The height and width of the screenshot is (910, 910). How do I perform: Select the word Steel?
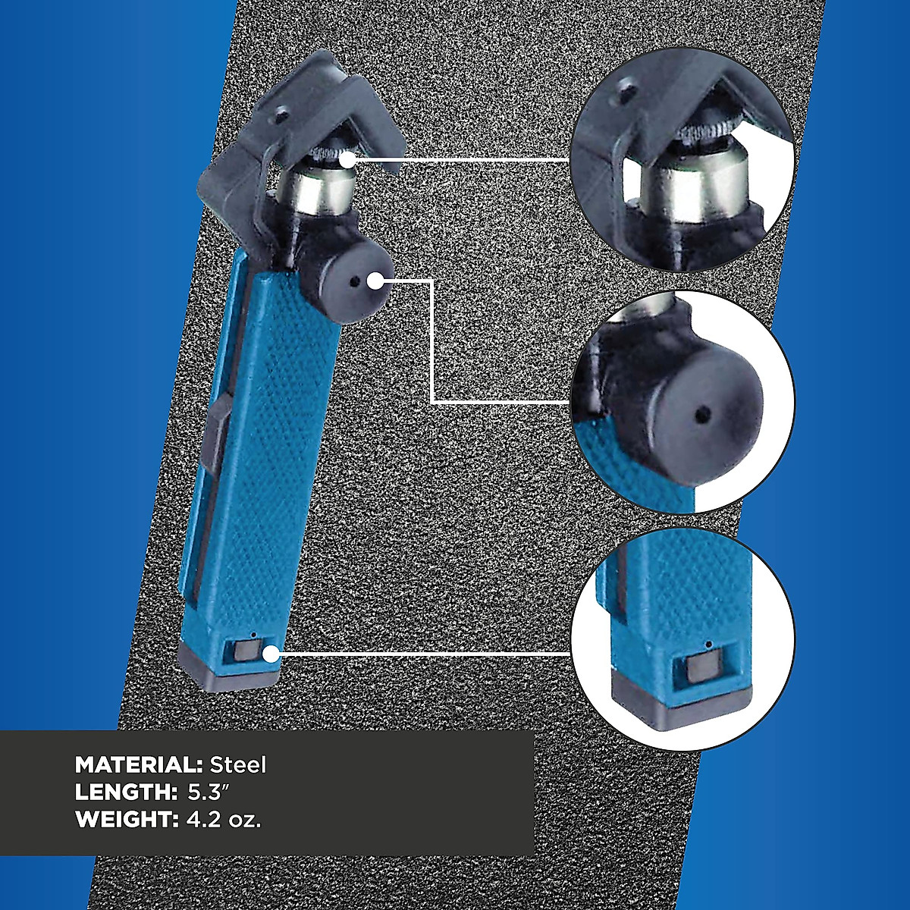pyautogui.click(x=238, y=764)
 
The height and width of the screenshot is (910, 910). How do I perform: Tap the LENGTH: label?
pyautogui.click(x=126, y=792)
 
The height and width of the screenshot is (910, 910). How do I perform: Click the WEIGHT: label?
pyautogui.click(x=126, y=820)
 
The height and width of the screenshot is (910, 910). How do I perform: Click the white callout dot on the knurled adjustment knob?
pyautogui.click(x=347, y=160)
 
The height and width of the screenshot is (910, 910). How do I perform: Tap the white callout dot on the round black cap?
pyautogui.click(x=375, y=281)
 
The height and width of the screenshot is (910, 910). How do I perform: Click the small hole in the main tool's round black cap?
pyautogui.click(x=354, y=282)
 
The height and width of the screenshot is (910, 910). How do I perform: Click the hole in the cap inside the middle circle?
pyautogui.click(x=703, y=413)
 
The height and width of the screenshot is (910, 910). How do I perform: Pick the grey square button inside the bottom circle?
pyautogui.click(x=701, y=670)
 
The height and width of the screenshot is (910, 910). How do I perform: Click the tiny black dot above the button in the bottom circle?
pyautogui.click(x=708, y=644)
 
